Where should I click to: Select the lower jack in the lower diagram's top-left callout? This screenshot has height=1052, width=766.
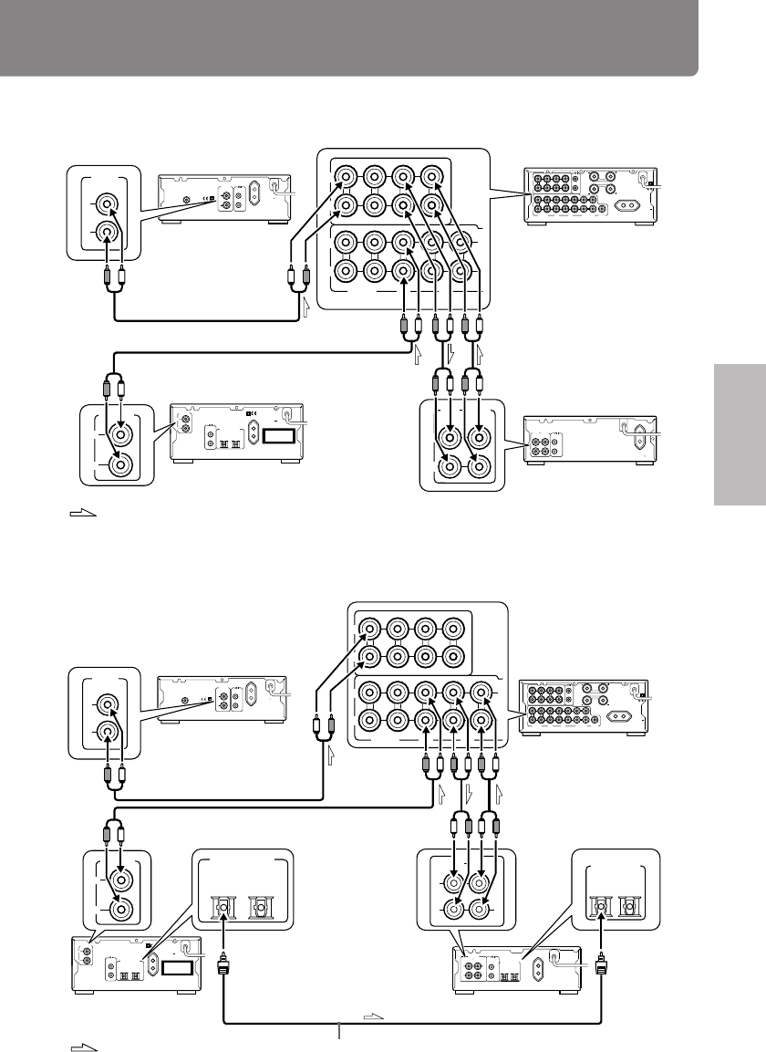107,731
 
